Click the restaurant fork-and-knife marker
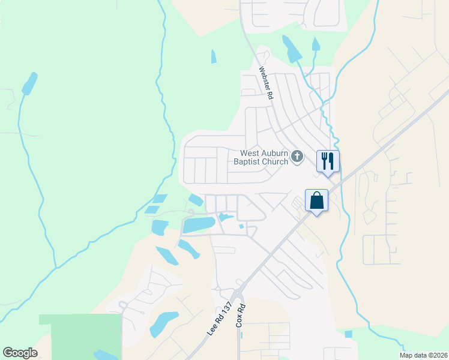[x=328, y=161]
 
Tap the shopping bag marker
[x=316, y=200]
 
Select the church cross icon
[x=297, y=157]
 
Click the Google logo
[x=20, y=352]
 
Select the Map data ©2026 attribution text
[x=423, y=355]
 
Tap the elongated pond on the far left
[x=29, y=83]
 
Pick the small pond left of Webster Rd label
[x=213, y=56]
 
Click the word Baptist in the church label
[x=251, y=162]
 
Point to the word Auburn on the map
[x=276, y=153]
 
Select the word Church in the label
[x=277, y=162]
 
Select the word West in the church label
[x=250, y=153]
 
